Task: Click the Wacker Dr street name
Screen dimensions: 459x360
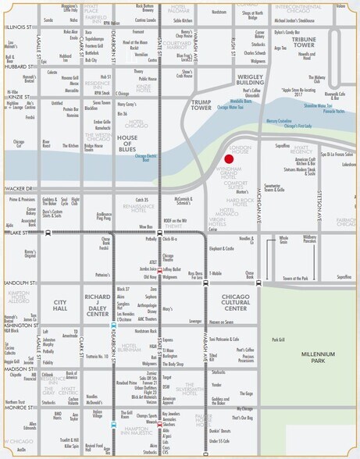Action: [x=17, y=188]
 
